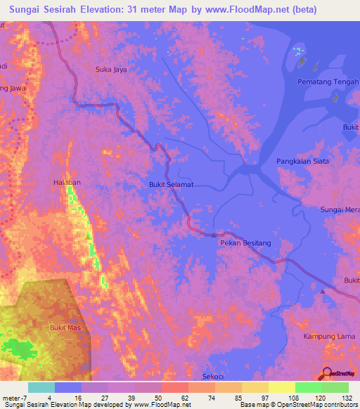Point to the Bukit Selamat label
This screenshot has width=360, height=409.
[171, 185]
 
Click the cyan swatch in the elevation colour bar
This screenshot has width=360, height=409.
[41, 387]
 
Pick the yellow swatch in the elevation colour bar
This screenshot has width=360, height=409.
[281, 387]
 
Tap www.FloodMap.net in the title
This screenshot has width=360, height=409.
[252, 10]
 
